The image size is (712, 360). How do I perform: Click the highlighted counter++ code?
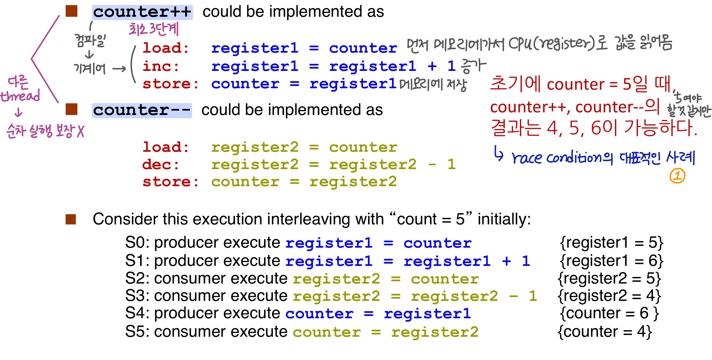142,12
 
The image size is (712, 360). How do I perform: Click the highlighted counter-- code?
142,111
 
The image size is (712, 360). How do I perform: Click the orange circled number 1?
677,176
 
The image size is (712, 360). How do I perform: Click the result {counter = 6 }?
609,313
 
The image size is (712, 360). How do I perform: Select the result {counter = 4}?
605,332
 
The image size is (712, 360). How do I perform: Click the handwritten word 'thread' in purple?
20,96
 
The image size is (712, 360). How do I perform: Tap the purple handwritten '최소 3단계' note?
154,29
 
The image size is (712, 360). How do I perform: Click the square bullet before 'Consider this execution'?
71,219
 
